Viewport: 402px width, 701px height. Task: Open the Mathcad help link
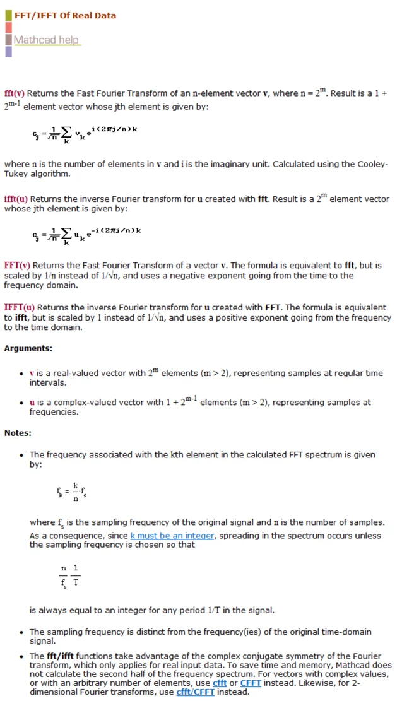pyautogui.click(x=46, y=40)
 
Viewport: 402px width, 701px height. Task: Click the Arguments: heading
pyautogui.click(x=28, y=348)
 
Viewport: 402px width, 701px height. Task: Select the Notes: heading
pyautogui.click(x=18, y=433)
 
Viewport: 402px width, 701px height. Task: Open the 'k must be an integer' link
pyautogui.click(x=172, y=536)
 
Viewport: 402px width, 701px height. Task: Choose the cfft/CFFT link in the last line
pyautogui.click(x=194, y=692)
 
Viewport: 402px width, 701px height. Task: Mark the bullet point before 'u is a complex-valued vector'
pyautogui.click(x=22, y=403)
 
